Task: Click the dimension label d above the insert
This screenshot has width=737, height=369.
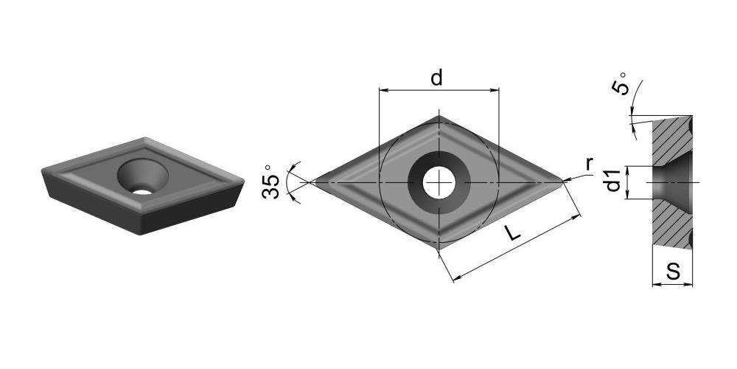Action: point(436,77)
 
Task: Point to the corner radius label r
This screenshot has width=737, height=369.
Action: point(589,165)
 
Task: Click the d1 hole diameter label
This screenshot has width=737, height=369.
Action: point(613,180)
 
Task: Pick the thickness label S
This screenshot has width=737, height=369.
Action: point(673,272)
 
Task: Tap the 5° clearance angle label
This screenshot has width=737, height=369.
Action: point(620,84)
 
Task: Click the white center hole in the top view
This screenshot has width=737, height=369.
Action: point(439,182)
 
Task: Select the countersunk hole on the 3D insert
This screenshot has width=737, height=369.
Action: point(142,176)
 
